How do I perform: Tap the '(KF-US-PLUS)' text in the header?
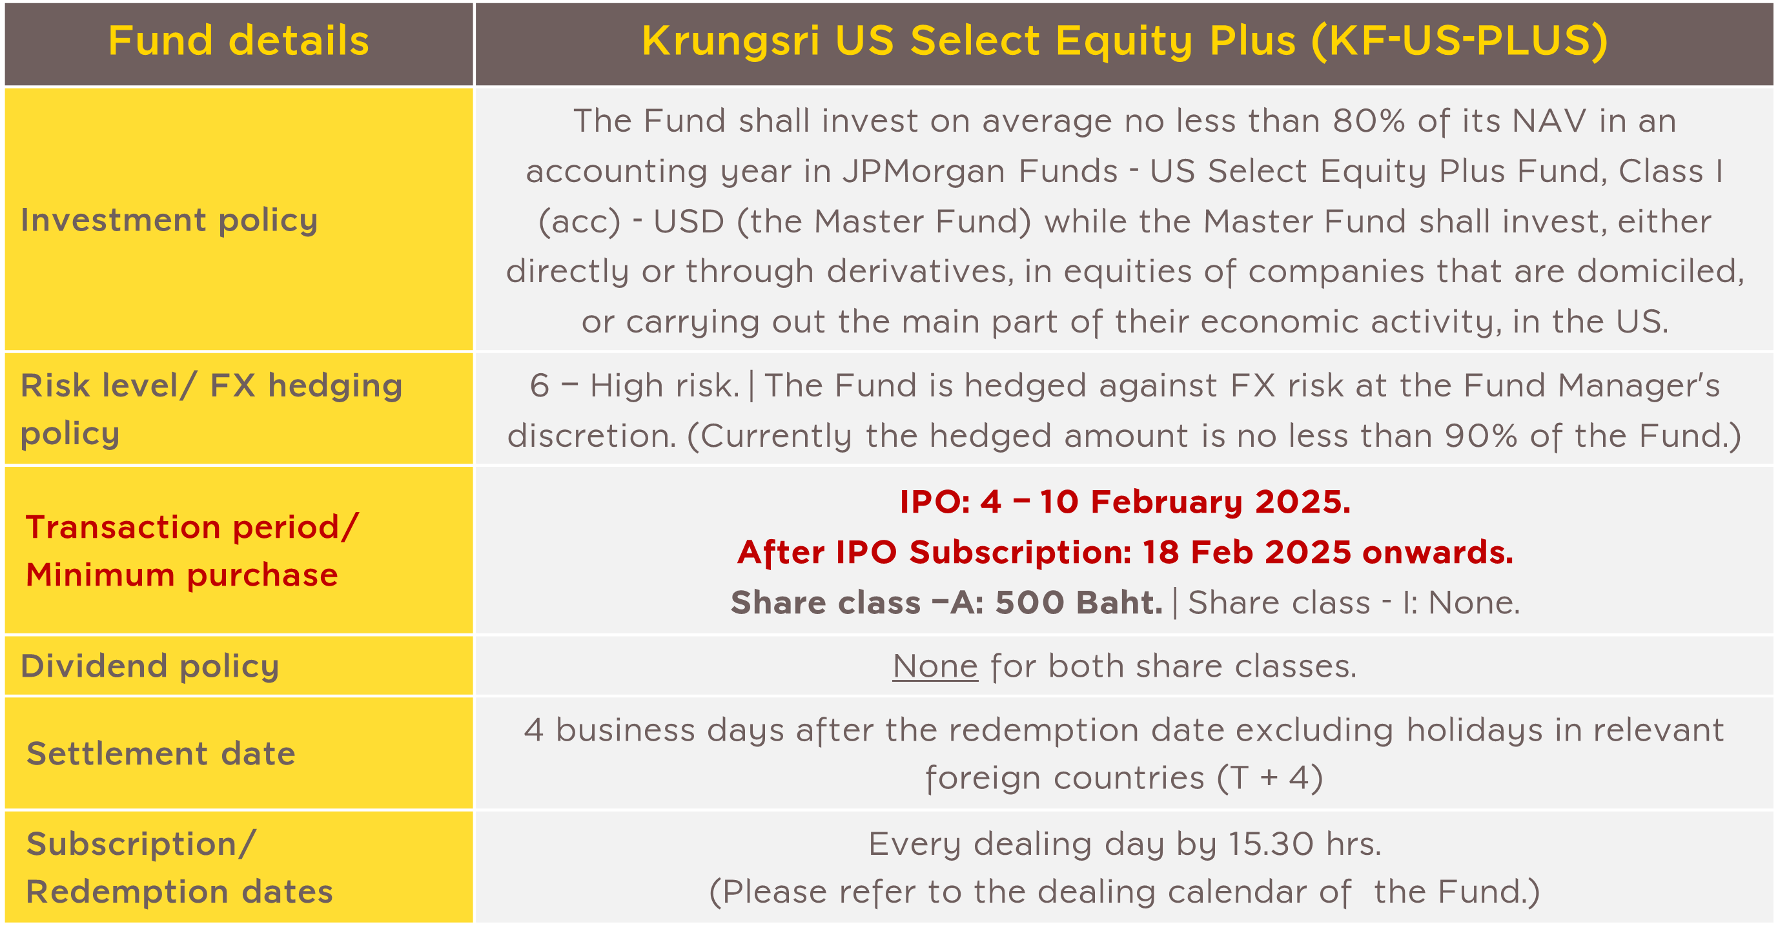click(1460, 41)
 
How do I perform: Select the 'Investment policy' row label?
click(169, 221)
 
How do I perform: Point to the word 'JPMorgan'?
click(980, 172)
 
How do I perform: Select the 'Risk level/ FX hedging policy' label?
click(211, 409)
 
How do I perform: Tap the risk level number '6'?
click(539, 385)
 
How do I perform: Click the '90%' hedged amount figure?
click(1480, 435)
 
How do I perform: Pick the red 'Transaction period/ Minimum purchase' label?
click(192, 551)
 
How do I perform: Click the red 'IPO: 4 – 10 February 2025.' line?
click(1125, 502)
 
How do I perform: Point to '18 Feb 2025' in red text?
click(1247, 552)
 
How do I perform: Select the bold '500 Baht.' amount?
click(1079, 602)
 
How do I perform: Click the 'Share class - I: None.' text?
click(1354, 602)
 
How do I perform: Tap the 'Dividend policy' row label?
click(150, 666)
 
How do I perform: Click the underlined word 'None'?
click(935, 666)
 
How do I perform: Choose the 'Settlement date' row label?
click(161, 754)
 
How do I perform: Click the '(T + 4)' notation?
click(1269, 779)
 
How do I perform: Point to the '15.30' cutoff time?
click(1270, 844)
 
